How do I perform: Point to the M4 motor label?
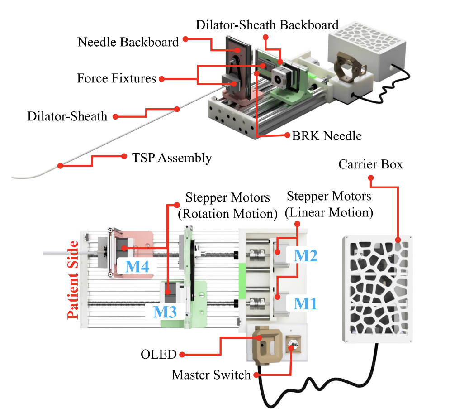click(x=137, y=266)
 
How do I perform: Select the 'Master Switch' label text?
click(x=211, y=375)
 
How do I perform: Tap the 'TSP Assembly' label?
click(x=172, y=158)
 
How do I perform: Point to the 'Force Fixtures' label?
click(x=116, y=78)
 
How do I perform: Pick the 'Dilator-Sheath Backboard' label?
click(x=267, y=24)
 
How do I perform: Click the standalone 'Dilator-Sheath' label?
click(x=67, y=116)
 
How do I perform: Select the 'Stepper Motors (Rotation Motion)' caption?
click(x=227, y=205)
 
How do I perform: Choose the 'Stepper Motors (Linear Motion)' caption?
click(x=329, y=204)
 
